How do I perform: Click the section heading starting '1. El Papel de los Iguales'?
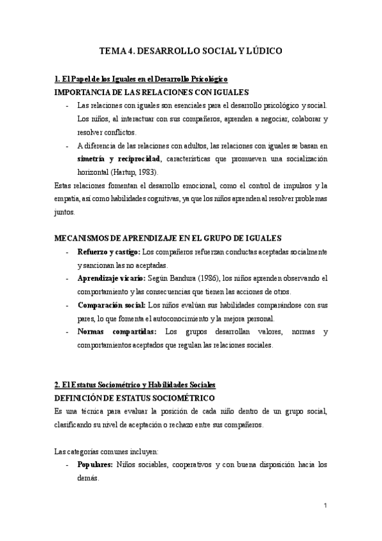141,80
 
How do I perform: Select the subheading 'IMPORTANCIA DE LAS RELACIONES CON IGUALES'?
152,93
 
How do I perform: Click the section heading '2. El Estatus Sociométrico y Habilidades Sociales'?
135,385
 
